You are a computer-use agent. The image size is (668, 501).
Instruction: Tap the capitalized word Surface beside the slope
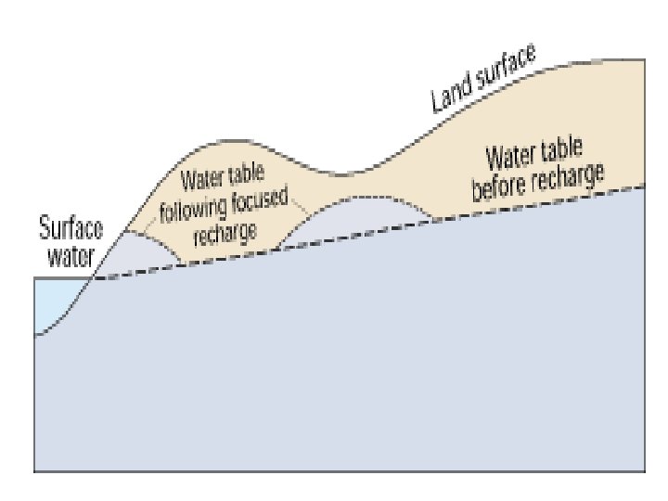coord(71,228)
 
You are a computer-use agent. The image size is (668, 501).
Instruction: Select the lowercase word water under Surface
coord(71,256)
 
